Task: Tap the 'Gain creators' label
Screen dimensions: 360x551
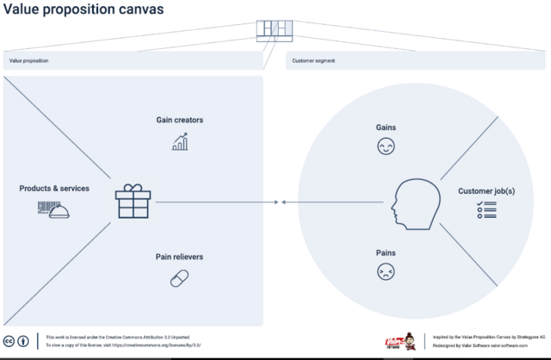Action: coord(179,120)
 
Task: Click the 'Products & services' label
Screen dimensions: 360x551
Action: coord(54,188)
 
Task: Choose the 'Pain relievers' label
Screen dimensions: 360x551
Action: coord(179,257)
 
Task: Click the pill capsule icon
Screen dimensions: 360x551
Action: coord(179,278)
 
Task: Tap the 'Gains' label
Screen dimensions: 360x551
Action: coord(385,127)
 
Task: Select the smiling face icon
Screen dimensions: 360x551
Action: coord(385,147)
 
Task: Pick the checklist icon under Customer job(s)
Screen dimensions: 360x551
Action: coord(486,209)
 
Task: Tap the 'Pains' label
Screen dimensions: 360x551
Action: coord(385,253)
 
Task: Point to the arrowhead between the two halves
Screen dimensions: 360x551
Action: coord(276,202)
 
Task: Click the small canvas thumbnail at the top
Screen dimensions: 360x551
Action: coord(275,30)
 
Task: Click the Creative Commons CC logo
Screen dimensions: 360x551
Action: coord(9,339)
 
